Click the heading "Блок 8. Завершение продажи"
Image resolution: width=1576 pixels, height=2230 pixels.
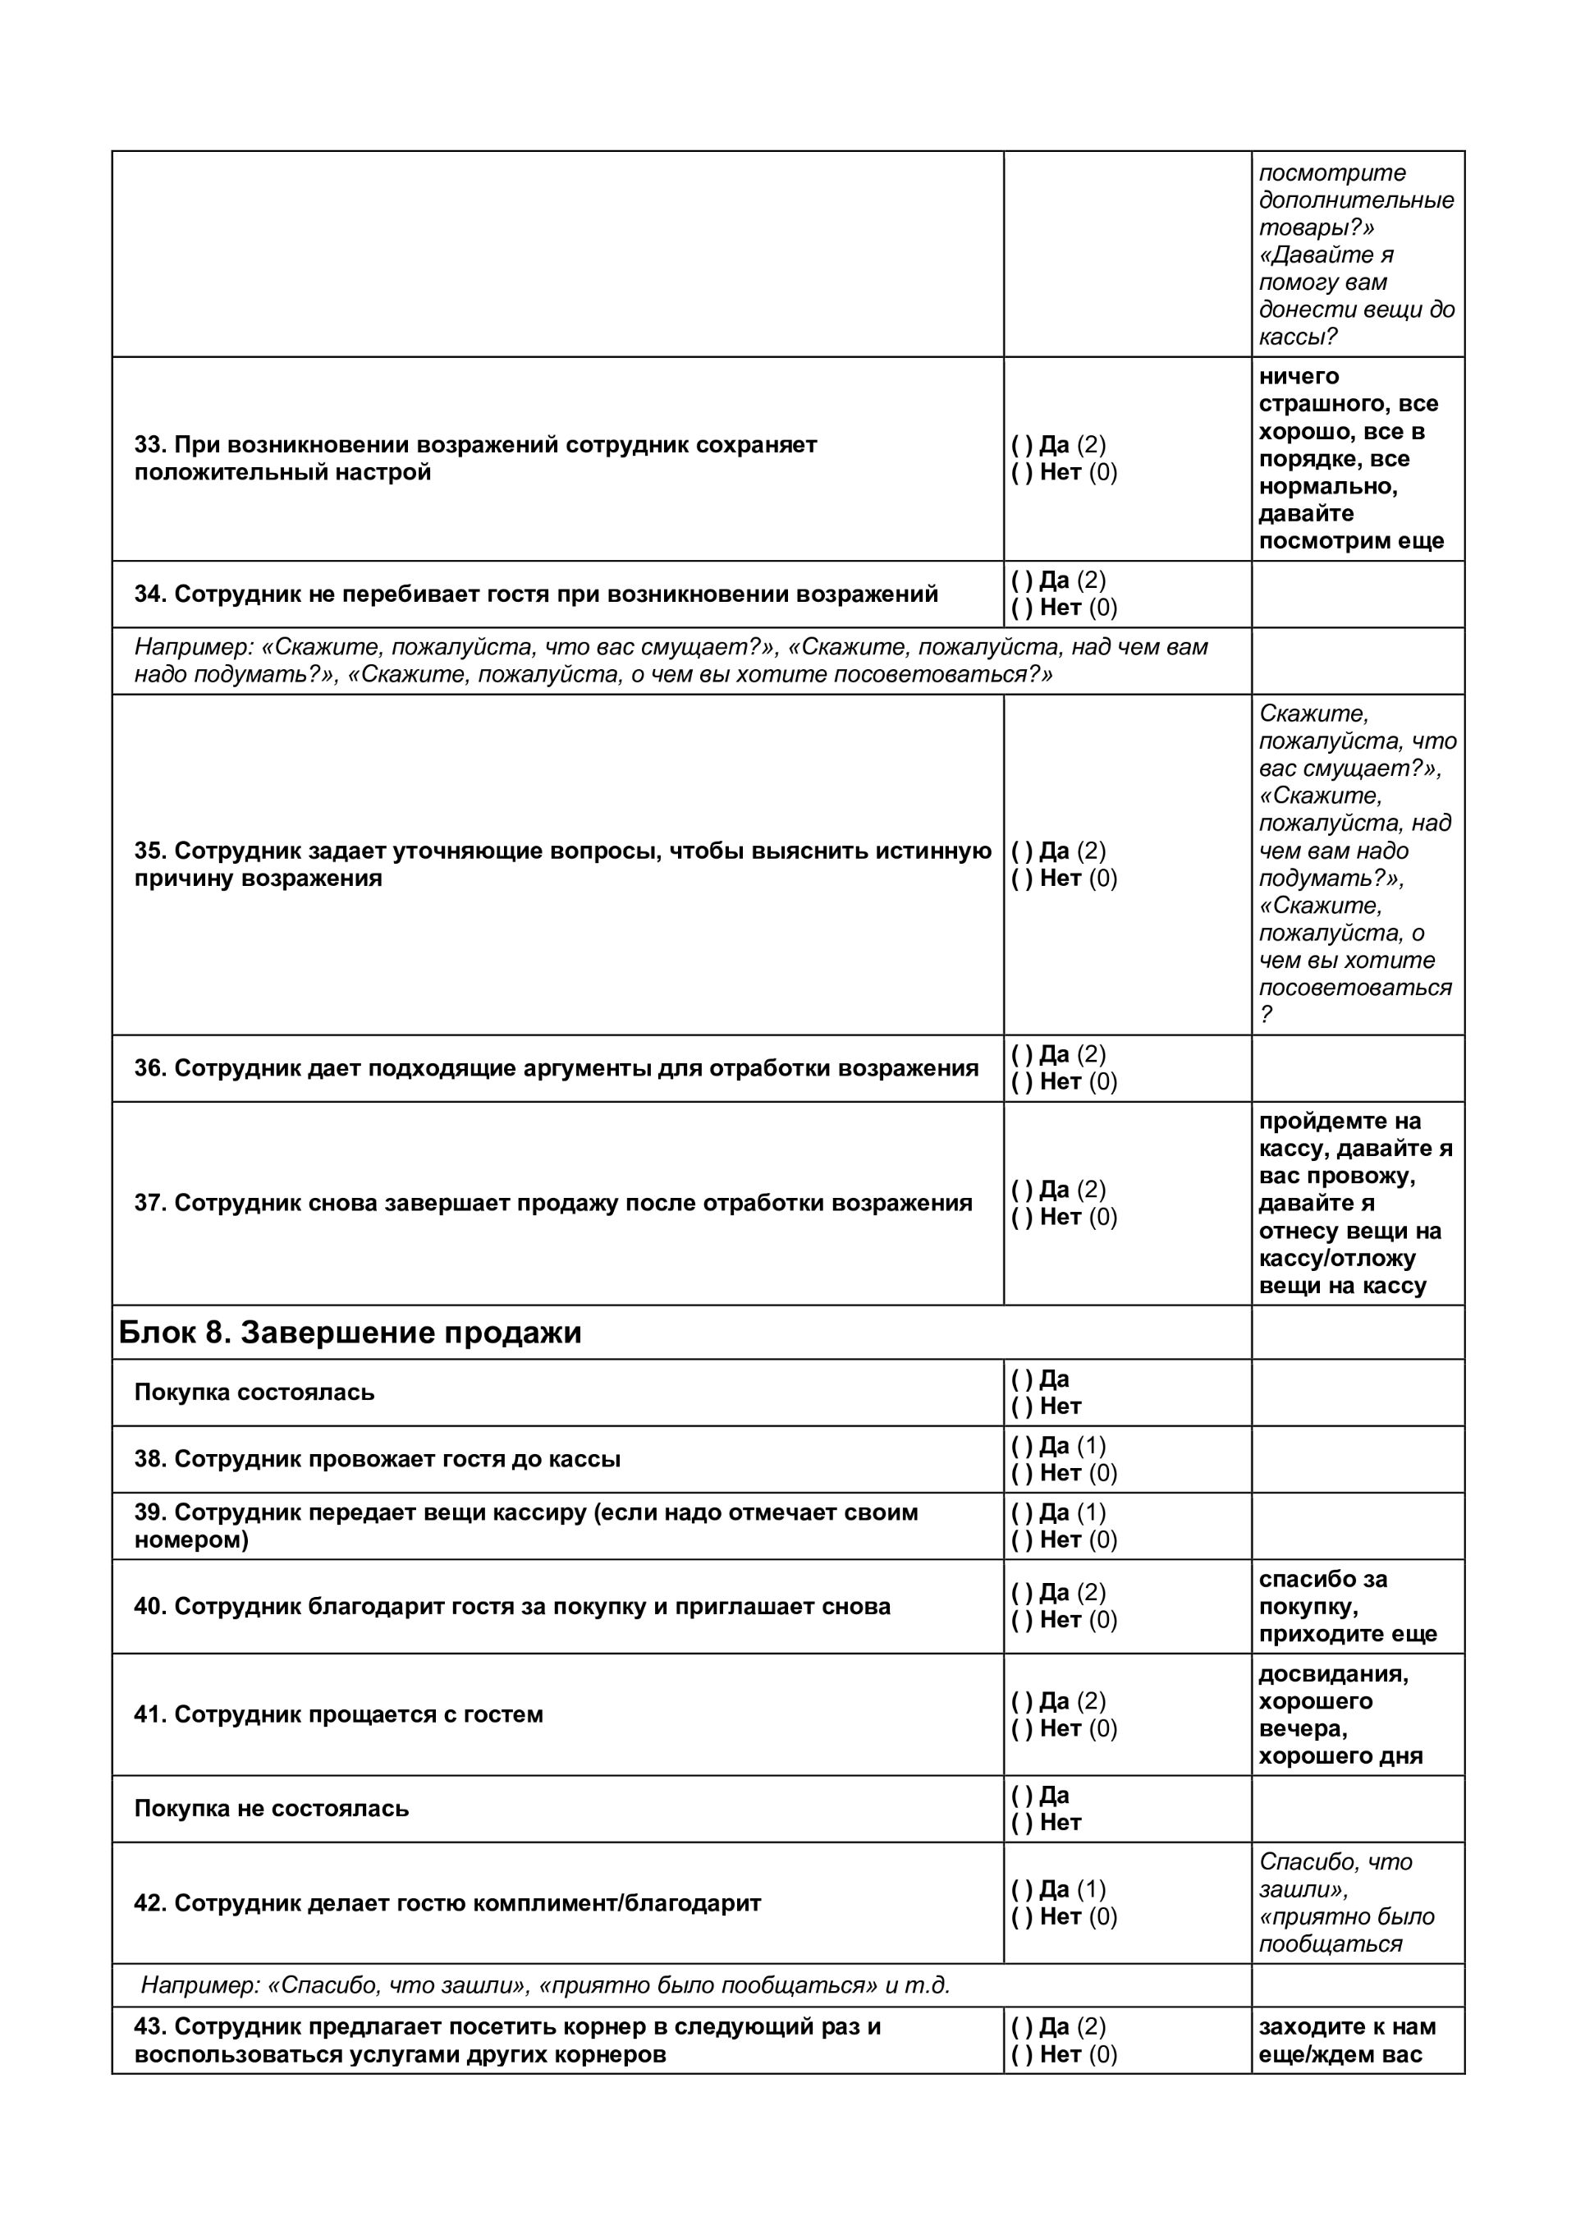coord(350,1333)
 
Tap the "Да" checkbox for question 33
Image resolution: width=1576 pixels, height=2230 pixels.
coord(1022,445)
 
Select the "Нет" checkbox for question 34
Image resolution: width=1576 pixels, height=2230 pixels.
coord(1022,608)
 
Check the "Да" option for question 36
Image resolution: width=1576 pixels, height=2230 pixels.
coord(1022,1055)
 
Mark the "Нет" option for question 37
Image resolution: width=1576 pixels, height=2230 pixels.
coord(1022,1218)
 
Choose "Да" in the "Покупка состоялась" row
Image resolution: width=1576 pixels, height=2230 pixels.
coord(1022,1379)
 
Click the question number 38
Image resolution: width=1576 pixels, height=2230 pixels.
coord(149,1459)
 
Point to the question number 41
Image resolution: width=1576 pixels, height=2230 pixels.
coord(149,1714)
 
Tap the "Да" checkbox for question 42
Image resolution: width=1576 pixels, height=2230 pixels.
coord(1022,1889)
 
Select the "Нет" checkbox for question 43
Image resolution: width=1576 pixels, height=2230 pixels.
coord(1022,2054)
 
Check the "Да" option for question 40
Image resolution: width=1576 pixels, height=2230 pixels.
coord(1022,1593)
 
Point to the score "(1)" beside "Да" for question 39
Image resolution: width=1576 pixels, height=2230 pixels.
coord(1092,1512)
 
